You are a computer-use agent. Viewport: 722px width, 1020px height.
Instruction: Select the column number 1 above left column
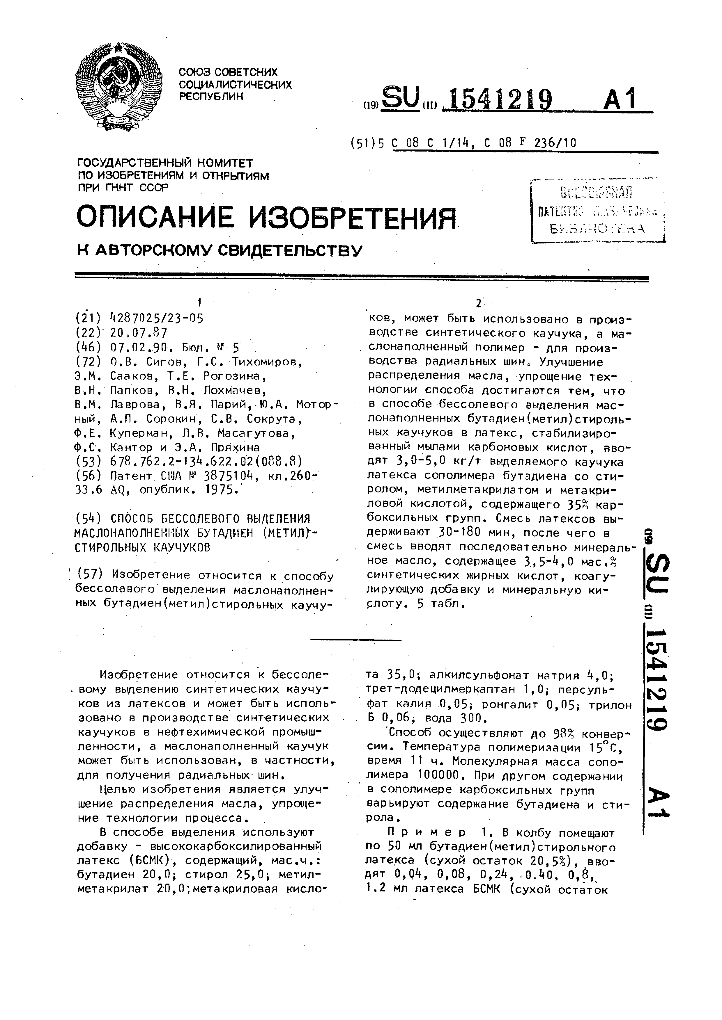200,302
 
